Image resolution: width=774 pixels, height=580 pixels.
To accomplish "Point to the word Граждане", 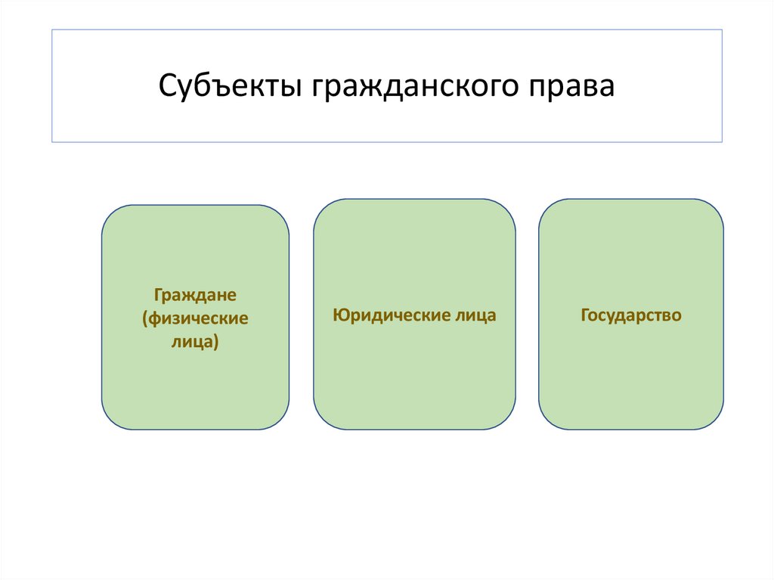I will point(196,293).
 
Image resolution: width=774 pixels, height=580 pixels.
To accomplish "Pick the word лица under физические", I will point(189,343).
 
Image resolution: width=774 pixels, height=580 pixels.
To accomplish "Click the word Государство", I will point(631,315).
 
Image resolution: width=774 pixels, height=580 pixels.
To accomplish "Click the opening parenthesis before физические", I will point(144,318).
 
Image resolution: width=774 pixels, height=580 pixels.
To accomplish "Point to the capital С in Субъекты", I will point(168,86).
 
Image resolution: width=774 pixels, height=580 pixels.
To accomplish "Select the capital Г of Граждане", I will point(157,293).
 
